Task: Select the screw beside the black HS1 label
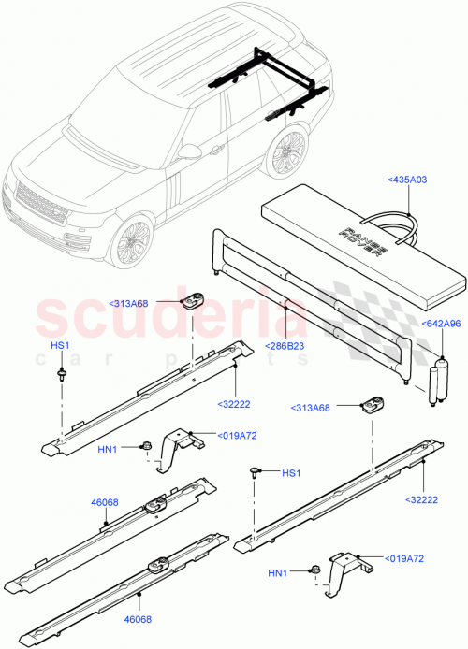256,474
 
